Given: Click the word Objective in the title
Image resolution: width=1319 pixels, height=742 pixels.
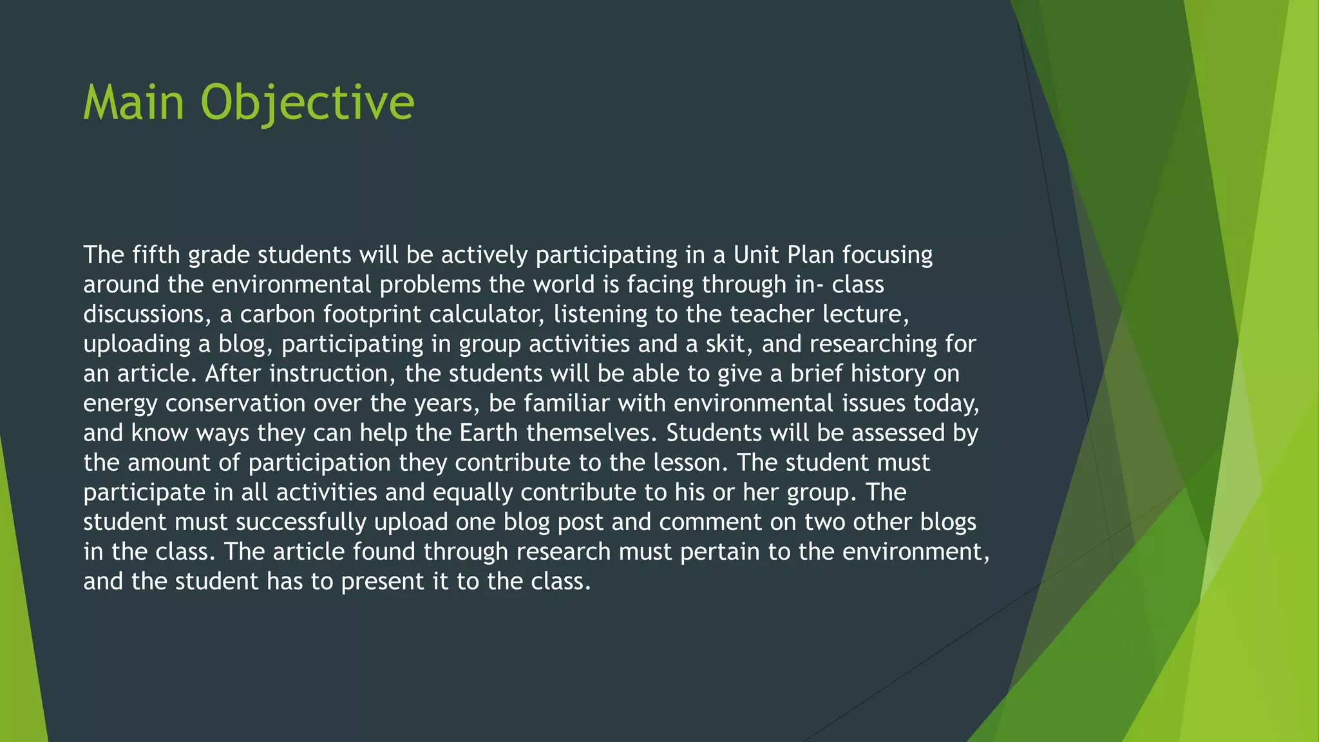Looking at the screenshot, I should pos(307,102).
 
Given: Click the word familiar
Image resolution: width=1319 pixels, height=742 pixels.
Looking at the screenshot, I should pos(567,403).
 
